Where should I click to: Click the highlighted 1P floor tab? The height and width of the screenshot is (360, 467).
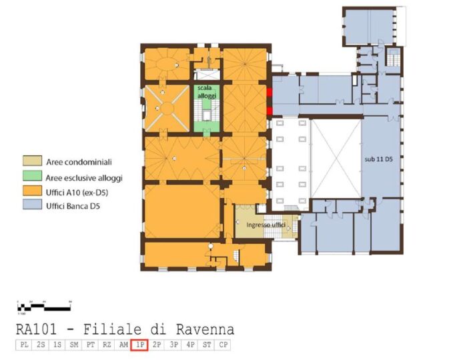[139, 345]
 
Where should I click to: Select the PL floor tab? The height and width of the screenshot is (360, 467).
[23, 345]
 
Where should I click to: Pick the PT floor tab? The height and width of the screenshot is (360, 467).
[89, 345]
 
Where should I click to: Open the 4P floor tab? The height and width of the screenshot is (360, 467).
[189, 345]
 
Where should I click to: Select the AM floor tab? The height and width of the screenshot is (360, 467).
[123, 345]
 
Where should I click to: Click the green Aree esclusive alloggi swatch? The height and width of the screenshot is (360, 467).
[31, 178]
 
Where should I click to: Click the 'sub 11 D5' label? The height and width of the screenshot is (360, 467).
[378, 161]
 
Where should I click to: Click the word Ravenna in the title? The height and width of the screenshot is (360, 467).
[205, 329]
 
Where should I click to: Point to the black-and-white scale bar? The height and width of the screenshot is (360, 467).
[44, 307]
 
